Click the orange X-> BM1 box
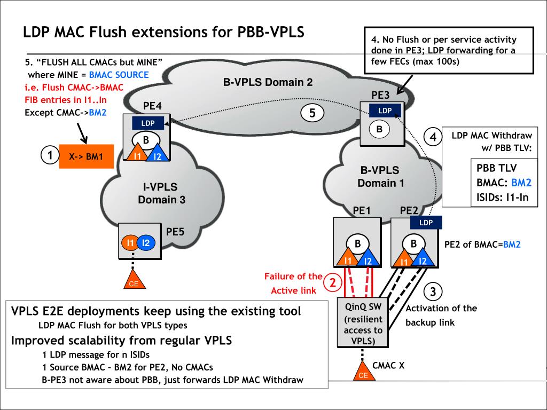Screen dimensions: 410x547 [86, 157]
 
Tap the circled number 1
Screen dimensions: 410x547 [50, 156]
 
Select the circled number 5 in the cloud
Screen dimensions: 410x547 [312, 113]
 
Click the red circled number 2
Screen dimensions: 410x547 [333, 283]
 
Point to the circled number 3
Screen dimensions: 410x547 [433, 291]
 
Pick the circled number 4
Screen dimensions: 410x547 [433, 137]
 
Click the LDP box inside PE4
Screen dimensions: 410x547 [148, 123]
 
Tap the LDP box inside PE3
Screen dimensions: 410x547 [385, 111]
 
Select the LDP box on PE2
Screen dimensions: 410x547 [426, 222]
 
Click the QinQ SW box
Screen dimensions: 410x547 [363, 323]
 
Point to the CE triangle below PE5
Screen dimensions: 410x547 [134, 281]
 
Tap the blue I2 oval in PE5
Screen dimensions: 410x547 [147, 243]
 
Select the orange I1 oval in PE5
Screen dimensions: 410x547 [130, 243]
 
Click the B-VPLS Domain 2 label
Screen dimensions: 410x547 [268, 82]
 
